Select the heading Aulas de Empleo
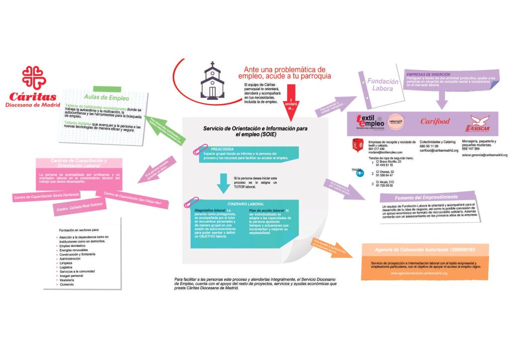click(x=107, y=98)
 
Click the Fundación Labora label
click(x=382, y=85)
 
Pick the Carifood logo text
click(x=435, y=121)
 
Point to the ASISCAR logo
click(x=481, y=121)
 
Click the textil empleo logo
click(x=370, y=121)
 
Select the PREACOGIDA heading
click(x=222, y=149)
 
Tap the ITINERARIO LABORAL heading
click(x=246, y=204)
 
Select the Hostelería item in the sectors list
click(x=67, y=280)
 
